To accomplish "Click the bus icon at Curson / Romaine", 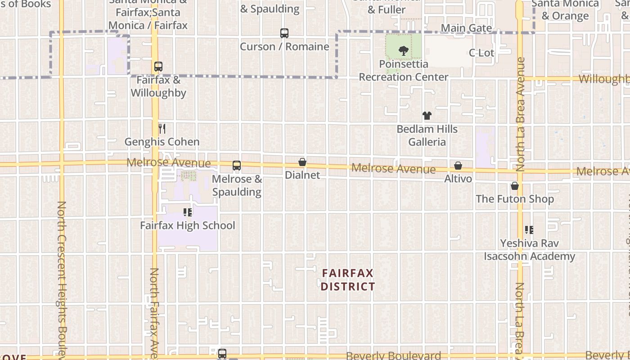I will [284, 33].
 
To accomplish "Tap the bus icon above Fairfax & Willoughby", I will [158, 67].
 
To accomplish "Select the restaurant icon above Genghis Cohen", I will [162, 129].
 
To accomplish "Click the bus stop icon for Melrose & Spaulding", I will [237, 166].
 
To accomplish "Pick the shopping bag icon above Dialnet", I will [302, 162].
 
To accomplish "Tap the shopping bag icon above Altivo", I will [458, 166].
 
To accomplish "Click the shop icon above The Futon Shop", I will [515, 186].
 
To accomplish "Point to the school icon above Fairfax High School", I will [188, 212].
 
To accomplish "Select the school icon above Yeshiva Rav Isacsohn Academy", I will [529, 230].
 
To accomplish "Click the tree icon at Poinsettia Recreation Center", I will [404, 50].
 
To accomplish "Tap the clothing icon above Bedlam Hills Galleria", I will [427, 116].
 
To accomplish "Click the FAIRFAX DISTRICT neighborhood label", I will [348, 279].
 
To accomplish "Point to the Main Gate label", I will [466, 28].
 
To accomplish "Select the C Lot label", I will [481, 53].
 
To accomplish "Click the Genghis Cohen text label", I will [162, 142].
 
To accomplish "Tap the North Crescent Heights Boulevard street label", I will [62, 279].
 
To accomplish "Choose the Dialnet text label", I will [302, 175].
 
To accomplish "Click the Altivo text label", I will [458, 179].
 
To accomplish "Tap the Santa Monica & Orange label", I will [565, 10].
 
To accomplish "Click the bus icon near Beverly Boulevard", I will [222, 354].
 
